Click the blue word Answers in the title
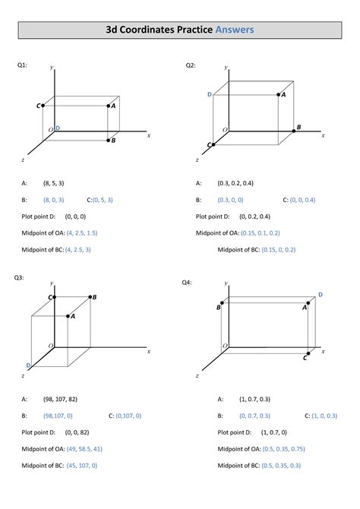tap(234, 30)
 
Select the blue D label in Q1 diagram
tap(57, 128)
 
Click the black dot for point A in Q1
tap(108, 106)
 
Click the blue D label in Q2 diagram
tap(209, 94)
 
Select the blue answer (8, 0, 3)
tap(53, 200)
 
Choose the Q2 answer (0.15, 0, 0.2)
tap(278, 249)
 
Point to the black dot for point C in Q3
tap(54, 297)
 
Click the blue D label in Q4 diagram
tap(321, 294)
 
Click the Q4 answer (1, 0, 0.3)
tap(329, 416)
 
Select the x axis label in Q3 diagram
tap(149, 351)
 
